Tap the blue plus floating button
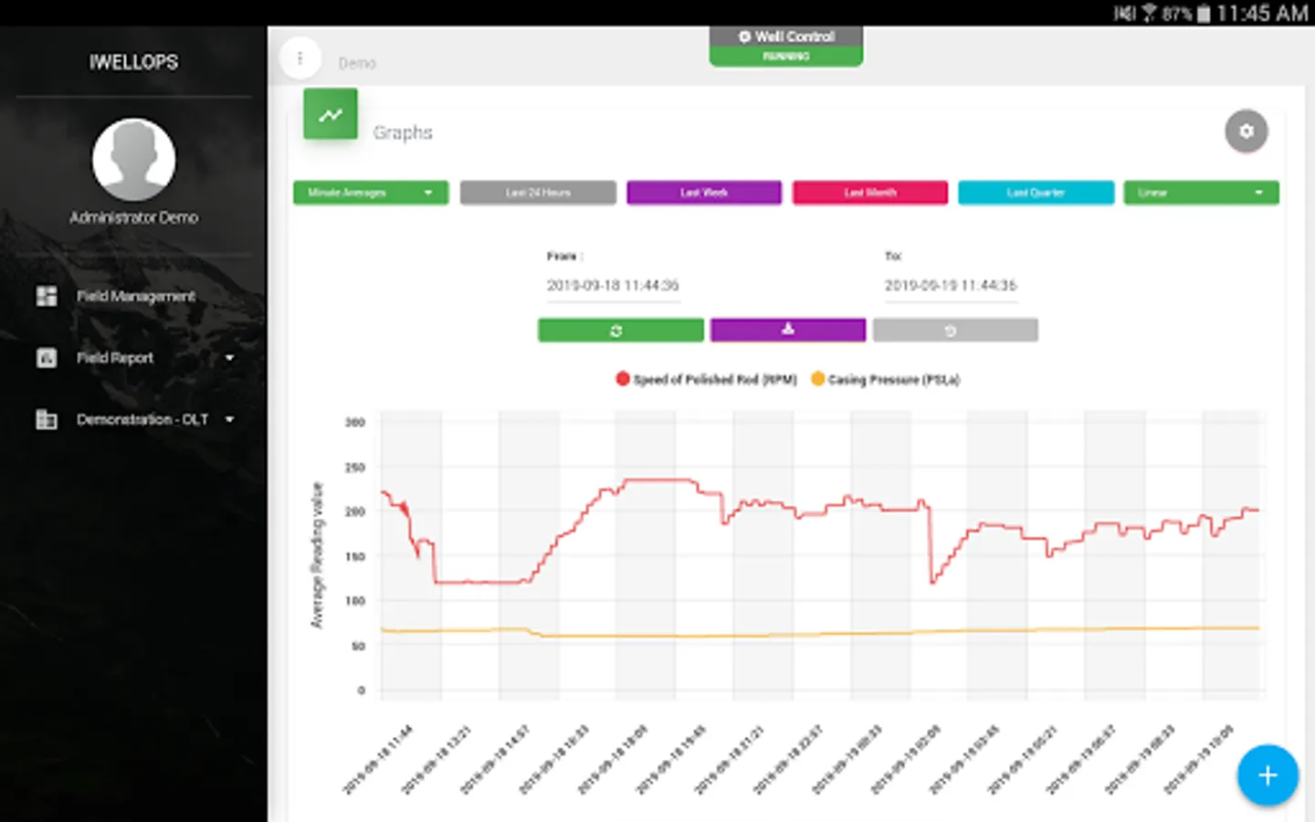1268,775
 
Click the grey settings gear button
1246,132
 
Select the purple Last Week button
703,193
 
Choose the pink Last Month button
869,193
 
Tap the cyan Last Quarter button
1036,193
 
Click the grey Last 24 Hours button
538,193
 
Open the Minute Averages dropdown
370,193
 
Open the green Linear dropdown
1201,193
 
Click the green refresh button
620,330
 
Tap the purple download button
787,330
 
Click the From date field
613,285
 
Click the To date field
950,285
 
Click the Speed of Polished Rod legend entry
706,379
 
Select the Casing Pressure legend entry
885,379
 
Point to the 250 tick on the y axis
355,467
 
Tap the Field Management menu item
135,296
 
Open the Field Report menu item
115,358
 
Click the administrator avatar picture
133,159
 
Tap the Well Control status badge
786,45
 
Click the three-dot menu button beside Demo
300,58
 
